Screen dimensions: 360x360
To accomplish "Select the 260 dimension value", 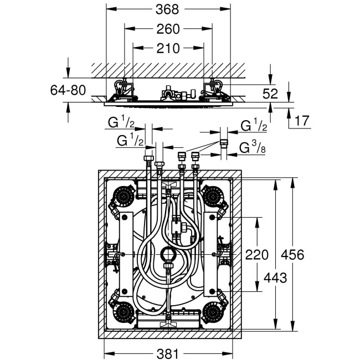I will [168, 29].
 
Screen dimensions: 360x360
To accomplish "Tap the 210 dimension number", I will [168, 48].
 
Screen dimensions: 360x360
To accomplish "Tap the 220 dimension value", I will [256, 255].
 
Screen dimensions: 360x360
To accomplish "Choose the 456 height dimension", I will [293, 255].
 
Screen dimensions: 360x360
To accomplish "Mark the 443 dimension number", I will [274, 277].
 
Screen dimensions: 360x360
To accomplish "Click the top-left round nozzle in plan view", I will [124, 196].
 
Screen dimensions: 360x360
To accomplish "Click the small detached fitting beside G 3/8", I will [223, 142].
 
